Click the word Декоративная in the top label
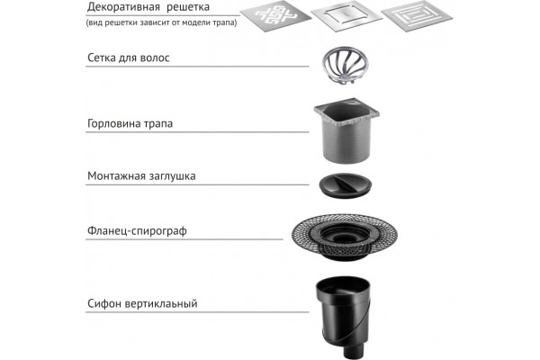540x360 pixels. [123, 7]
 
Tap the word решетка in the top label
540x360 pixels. [188, 7]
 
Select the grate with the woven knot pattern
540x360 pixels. [276, 16]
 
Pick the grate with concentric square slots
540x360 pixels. [417, 15]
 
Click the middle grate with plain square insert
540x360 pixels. [346, 16]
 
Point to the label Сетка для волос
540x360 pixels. [129, 58]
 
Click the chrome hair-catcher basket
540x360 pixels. [345, 66]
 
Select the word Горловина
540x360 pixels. [114, 123]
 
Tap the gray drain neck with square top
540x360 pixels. [346, 130]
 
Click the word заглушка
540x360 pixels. [173, 176]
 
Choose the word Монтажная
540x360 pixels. [116, 176]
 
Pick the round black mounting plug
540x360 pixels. [346, 185]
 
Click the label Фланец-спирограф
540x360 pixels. [137, 230]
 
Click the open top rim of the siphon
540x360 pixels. [343, 281]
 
